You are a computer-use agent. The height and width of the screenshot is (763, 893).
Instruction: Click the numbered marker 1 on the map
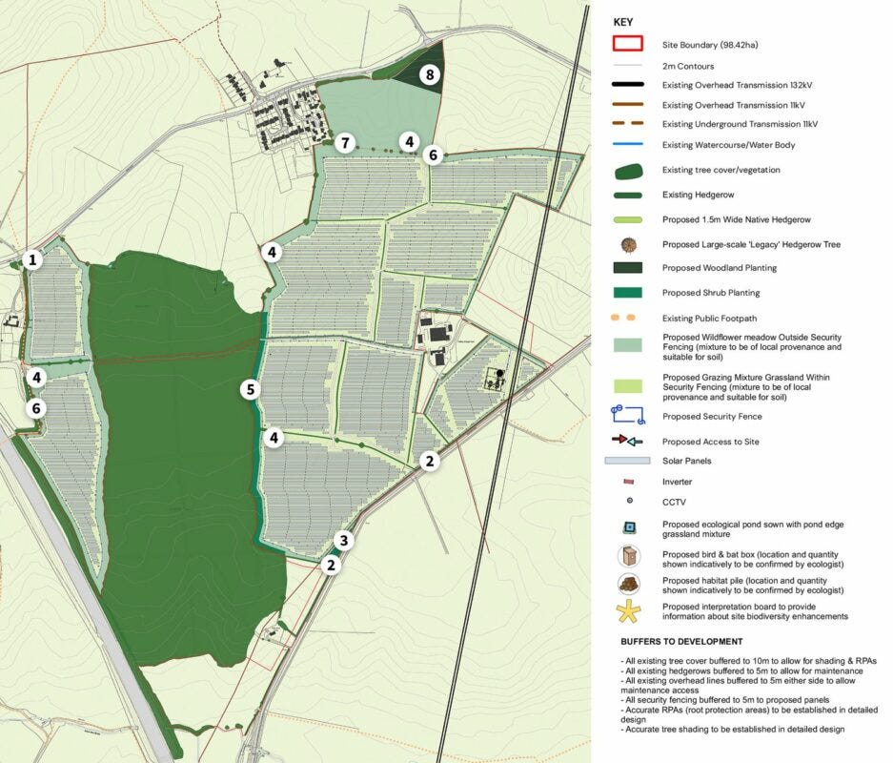33,259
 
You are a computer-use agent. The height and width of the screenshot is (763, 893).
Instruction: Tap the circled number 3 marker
345,541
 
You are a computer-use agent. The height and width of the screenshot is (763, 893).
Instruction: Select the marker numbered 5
250,389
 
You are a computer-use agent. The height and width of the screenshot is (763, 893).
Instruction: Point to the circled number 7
345,144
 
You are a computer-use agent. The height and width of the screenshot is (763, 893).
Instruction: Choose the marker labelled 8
430,74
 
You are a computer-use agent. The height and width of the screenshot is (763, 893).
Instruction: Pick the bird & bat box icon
628,556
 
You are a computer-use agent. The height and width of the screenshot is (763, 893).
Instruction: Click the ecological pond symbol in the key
628,528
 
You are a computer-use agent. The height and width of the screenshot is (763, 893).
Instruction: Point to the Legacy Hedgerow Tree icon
628,244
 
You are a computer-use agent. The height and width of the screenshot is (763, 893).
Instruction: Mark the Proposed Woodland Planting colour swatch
628,268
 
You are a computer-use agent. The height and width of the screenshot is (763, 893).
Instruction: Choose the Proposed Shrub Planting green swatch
628,293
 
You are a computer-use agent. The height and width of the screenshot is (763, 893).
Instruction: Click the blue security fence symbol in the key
628,415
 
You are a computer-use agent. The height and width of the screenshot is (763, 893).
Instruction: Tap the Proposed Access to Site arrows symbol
628,441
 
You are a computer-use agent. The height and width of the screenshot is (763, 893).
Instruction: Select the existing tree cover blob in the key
628,170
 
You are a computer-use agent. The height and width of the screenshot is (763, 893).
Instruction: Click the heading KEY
622,21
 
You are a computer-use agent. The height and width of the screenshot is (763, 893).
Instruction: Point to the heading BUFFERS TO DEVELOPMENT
680,642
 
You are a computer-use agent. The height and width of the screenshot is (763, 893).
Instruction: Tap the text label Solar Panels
686,462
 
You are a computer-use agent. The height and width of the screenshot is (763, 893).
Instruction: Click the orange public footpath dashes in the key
628,318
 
